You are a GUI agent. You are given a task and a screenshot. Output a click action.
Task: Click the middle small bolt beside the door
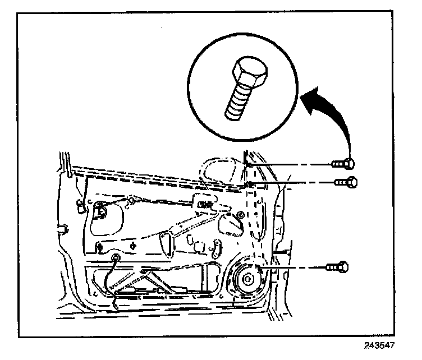(345, 182)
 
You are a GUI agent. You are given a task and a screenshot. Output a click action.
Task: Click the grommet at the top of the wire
(116, 257)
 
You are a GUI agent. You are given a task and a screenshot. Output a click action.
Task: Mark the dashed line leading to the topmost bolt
(292, 164)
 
